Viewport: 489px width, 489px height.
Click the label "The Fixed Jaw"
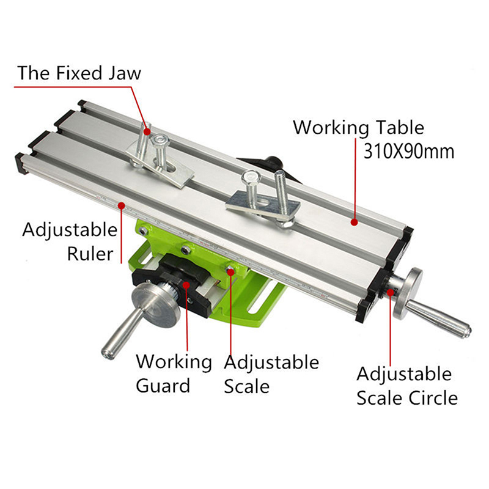[x=79, y=73]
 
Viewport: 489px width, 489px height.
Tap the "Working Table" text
[x=359, y=128]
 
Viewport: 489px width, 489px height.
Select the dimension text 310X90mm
[x=409, y=152]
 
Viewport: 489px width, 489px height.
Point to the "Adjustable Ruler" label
[x=70, y=241]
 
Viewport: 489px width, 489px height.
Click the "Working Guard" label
[x=174, y=373]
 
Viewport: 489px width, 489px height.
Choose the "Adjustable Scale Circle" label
[x=407, y=386]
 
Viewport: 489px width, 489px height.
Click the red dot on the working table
[x=354, y=222]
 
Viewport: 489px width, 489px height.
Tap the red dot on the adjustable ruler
[x=121, y=205]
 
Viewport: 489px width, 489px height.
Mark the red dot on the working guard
[x=186, y=284]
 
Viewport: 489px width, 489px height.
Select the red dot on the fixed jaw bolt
[x=146, y=131]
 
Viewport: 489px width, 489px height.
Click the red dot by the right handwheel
[x=390, y=292]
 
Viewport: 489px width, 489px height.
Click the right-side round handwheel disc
[x=408, y=293]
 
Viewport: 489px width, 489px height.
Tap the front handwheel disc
[x=155, y=305]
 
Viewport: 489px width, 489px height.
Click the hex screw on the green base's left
[x=143, y=231]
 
